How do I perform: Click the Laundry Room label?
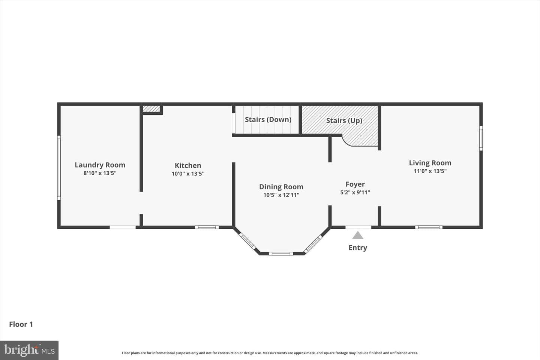coord(100,165)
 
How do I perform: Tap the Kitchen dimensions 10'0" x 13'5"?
coord(188,174)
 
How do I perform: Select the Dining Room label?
coord(281,187)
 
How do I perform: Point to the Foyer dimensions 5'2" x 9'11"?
coord(355,192)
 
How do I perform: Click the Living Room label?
coord(430,163)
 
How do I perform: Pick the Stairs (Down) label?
coord(268,120)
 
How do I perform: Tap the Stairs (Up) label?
coord(344,121)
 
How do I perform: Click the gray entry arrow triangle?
coord(358,235)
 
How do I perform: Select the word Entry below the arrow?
coord(358,247)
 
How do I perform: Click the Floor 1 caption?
coord(21,324)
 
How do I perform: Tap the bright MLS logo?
coord(29,350)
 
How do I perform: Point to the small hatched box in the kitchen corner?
coord(151,109)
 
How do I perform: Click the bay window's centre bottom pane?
coord(281,253)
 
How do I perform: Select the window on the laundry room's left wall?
coord(59,168)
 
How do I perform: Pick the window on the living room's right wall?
coord(481,138)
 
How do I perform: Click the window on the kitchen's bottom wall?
coord(207,227)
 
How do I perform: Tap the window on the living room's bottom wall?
coord(429,227)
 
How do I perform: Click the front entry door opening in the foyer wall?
coord(358,227)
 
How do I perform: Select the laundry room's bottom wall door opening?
coord(123,227)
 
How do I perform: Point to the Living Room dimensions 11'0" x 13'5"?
coord(430,171)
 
